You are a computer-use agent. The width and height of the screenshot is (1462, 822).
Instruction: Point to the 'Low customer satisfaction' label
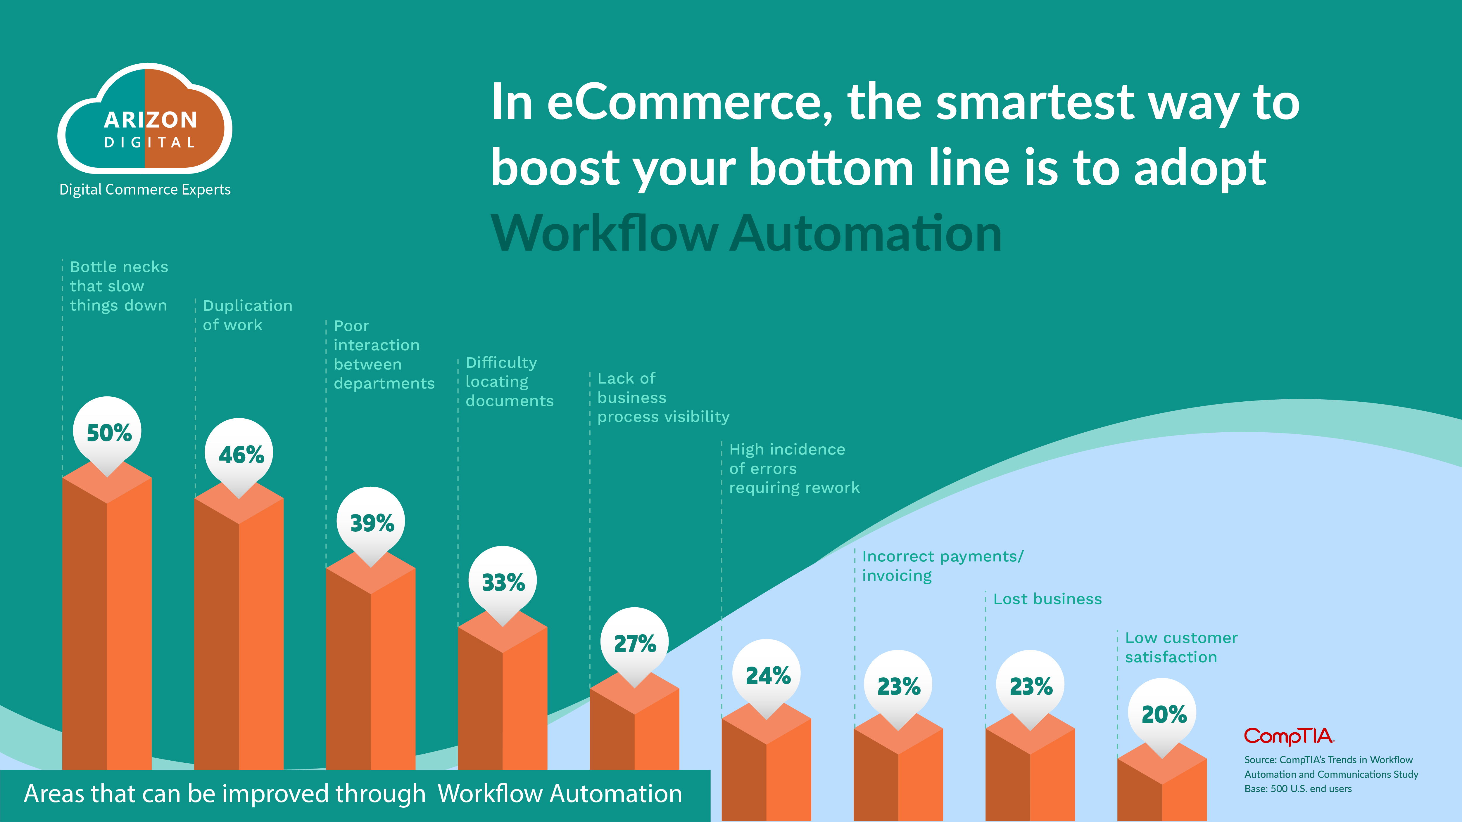tap(1181, 647)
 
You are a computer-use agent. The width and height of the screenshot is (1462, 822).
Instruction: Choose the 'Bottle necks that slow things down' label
tap(119, 286)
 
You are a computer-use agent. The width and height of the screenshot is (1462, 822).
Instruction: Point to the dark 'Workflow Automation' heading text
tap(746, 233)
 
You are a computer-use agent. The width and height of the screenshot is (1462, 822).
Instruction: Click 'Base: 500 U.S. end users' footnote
tap(1298, 788)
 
